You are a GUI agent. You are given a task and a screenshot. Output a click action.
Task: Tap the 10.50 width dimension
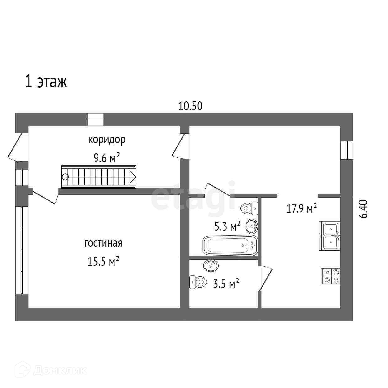coord(190,106)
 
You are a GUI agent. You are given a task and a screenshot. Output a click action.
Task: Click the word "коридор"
coord(107,139)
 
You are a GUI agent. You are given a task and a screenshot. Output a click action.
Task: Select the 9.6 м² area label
coord(107,158)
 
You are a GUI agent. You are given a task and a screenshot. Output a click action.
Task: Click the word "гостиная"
coord(103,243)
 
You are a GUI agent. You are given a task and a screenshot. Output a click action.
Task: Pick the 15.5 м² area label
coord(103,261)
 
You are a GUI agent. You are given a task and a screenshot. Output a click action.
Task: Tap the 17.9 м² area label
coord(301,208)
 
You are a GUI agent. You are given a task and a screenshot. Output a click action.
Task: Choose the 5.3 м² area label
coord(227,226)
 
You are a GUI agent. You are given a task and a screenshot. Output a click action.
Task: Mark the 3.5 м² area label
coord(226,284)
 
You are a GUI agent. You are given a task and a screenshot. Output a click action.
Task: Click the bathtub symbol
coord(230,245)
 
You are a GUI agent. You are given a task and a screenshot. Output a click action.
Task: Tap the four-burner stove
coord(331,276)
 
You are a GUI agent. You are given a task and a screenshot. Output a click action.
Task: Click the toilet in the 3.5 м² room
coord(198,282)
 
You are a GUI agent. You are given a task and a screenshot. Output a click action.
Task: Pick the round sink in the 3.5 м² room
coord(211,265)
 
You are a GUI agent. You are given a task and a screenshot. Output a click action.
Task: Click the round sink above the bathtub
coord(252,226)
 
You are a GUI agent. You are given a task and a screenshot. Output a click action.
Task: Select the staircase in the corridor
coord(99,177)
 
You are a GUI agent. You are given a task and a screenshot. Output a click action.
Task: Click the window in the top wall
coord(95,117)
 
